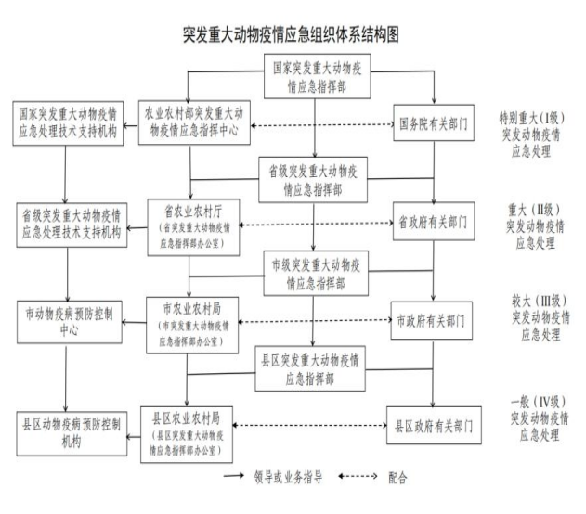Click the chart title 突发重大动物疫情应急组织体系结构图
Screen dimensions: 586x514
coord(291,34)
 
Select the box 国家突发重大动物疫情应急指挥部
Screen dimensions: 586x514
coord(318,76)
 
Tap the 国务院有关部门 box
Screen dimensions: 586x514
coord(434,122)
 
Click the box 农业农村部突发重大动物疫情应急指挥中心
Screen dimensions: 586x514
coord(194,122)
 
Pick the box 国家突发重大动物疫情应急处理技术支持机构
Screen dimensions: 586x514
coord(68,123)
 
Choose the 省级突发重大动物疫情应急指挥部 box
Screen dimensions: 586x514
coord(313,180)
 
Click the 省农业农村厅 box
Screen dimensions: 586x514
coord(193,227)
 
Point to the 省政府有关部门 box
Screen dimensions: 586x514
coord(434,222)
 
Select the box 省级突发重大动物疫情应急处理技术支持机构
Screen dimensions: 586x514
coord(72,225)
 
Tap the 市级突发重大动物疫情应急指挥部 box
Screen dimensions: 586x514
coord(316,274)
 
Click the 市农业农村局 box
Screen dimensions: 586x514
coord(192,325)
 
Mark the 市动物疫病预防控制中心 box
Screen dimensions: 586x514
coord(70,322)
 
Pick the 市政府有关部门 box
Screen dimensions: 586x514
coord(431,321)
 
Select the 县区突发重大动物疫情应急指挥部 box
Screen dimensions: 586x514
coord(310,368)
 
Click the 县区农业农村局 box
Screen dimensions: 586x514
coord(187,435)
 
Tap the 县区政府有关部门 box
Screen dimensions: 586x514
coord(434,426)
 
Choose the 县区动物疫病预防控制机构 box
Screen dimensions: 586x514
coord(72,434)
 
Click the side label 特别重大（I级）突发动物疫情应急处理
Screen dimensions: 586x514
coord(531,135)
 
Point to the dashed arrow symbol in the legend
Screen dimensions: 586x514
coord(358,476)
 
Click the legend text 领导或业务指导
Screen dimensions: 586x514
coord(288,477)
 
